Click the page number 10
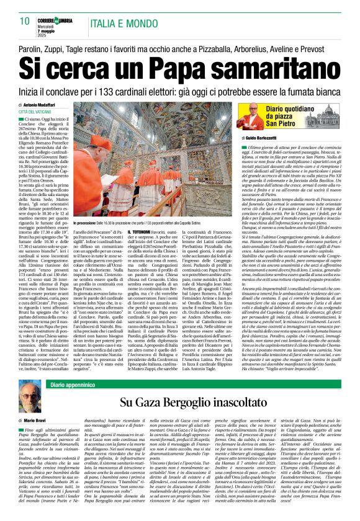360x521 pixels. pos(17,6)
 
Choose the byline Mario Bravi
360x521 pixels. pos(47,421)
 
